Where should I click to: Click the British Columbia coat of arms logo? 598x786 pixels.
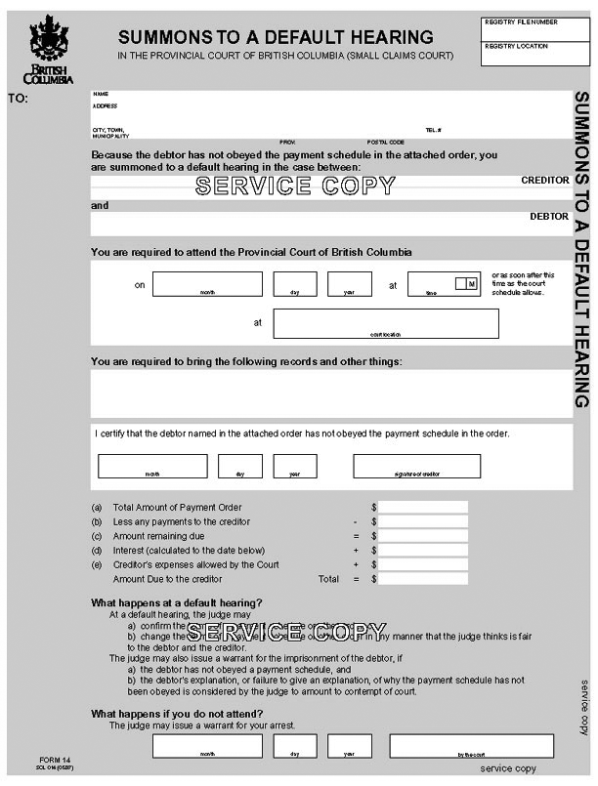pyautogui.click(x=48, y=49)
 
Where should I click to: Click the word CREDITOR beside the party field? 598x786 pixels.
pyautogui.click(x=544, y=181)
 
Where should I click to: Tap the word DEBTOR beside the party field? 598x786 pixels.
pyautogui.click(x=548, y=217)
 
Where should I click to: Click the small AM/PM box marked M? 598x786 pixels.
pyautogui.click(x=465, y=283)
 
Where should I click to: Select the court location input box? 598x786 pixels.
pyautogui.click(x=386, y=322)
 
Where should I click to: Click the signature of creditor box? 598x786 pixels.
pyautogui.click(x=416, y=466)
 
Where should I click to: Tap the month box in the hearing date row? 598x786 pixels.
pyautogui.click(x=207, y=283)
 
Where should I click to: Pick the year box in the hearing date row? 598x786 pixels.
pyautogui.click(x=349, y=283)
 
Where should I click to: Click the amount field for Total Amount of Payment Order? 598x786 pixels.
pyautogui.click(x=423, y=508)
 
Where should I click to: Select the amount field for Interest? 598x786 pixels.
pyautogui.click(x=423, y=551)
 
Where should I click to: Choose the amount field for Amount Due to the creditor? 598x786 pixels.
pyautogui.click(x=423, y=579)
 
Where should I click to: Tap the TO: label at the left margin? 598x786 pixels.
pyautogui.click(x=18, y=99)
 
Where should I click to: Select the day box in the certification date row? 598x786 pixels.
pyautogui.click(x=240, y=466)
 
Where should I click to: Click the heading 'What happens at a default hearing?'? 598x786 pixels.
pyautogui.click(x=176, y=602)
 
